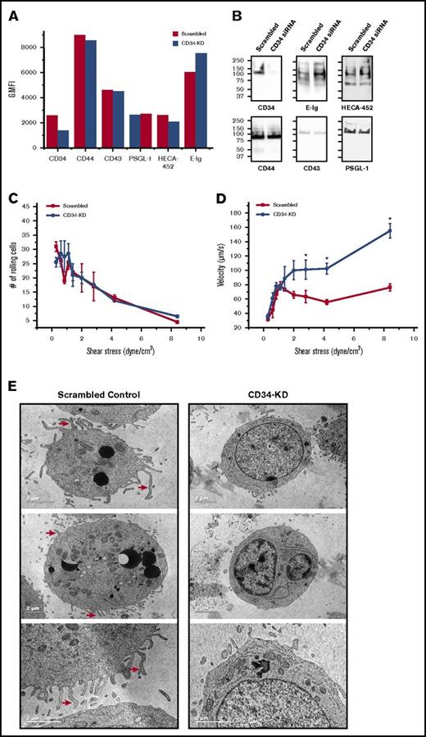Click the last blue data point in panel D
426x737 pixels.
click(x=389, y=230)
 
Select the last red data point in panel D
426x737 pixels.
click(x=389, y=287)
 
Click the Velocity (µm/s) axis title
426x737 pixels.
click(x=232, y=267)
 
